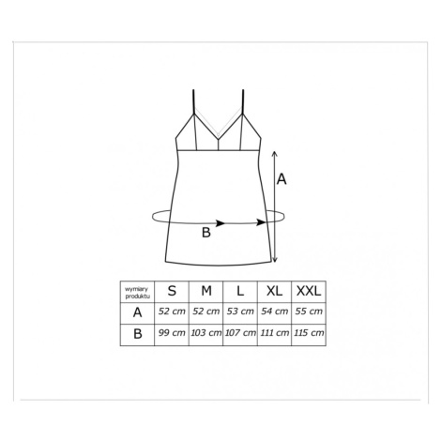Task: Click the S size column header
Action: [x=172, y=291]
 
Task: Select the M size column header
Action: [x=206, y=291]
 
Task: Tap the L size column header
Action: [x=240, y=291]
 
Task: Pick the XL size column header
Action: [x=274, y=291]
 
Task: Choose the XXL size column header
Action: [x=309, y=291]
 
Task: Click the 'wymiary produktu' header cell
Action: [x=138, y=292]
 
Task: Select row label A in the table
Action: [x=137, y=312]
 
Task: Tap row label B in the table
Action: [x=138, y=334]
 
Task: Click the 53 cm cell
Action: [x=240, y=312]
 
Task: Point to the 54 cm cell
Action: [x=274, y=312]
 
